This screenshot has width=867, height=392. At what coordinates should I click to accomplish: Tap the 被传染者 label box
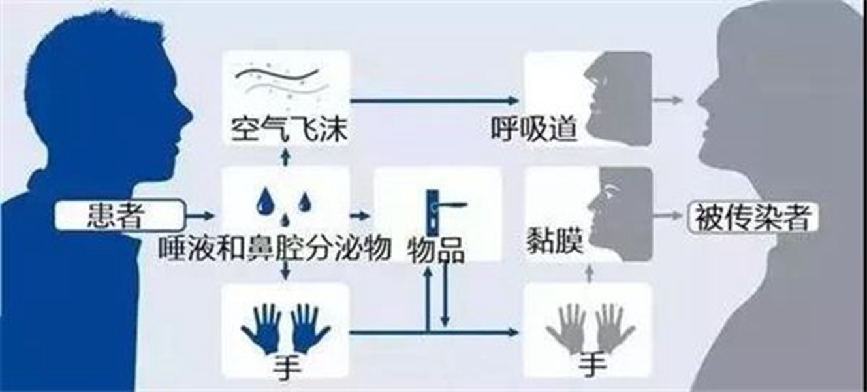[753, 218]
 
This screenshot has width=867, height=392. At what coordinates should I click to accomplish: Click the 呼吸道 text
[534, 128]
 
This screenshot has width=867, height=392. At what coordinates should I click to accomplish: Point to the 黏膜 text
[555, 240]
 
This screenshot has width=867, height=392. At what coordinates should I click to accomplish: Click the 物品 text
[436, 251]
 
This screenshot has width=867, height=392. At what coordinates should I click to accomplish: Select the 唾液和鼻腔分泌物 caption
[275, 247]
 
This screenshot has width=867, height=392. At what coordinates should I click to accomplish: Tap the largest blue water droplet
[266, 201]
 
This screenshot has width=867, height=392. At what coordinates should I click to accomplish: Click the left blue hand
[262, 327]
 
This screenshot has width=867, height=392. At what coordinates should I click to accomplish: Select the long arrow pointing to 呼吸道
[434, 101]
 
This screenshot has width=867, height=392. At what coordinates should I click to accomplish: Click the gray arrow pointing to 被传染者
[669, 216]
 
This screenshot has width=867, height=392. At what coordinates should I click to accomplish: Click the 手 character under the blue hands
[287, 368]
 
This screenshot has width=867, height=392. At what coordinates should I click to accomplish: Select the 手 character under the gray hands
[593, 365]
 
